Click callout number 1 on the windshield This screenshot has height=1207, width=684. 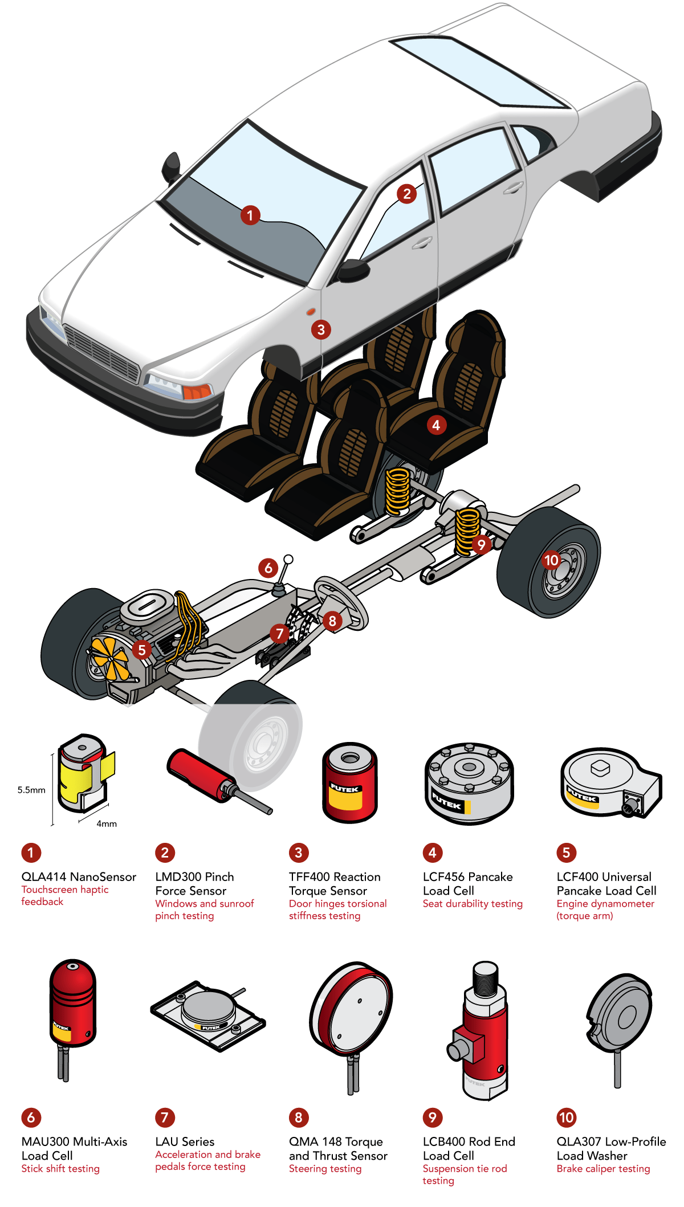(250, 215)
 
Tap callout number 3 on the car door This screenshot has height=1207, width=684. (321, 329)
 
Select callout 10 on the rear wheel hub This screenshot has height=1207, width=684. (551, 560)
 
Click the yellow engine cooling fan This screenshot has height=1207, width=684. (109, 658)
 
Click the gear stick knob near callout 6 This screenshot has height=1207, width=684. (288, 559)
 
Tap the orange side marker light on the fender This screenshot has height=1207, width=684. (311, 312)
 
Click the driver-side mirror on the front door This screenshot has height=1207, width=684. (352, 270)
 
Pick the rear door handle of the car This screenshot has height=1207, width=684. (512, 188)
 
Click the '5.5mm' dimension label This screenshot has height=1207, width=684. (31, 790)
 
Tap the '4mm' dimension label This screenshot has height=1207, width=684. (107, 823)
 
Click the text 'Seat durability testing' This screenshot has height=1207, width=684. (473, 904)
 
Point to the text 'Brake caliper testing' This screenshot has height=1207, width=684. (603, 1169)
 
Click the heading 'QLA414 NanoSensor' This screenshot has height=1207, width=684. (79, 877)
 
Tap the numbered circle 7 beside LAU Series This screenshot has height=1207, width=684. (165, 1118)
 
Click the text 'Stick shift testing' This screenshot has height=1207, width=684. (60, 1169)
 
